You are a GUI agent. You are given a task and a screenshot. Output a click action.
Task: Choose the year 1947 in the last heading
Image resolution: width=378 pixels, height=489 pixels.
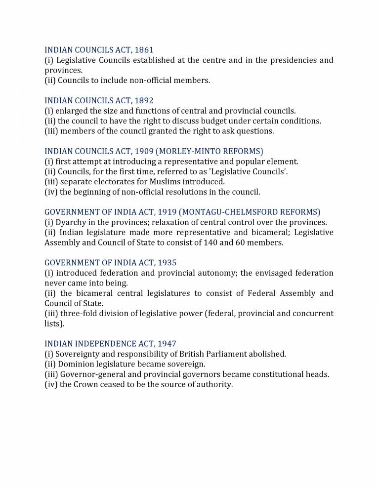coord(166,343)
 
